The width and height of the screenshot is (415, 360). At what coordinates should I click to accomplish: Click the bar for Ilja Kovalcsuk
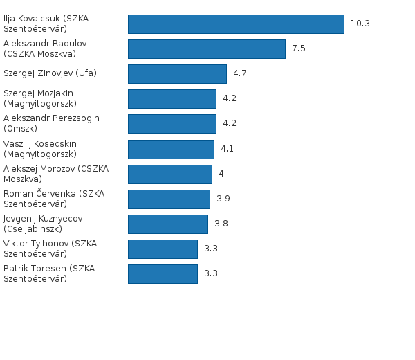(x=236, y=24)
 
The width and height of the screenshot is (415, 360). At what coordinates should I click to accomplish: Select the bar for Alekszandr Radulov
(x=207, y=49)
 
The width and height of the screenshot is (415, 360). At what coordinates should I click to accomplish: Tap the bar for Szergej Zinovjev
(x=177, y=74)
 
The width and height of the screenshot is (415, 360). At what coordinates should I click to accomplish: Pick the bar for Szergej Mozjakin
(x=172, y=99)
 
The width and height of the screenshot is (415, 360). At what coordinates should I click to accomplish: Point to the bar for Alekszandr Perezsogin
(x=172, y=124)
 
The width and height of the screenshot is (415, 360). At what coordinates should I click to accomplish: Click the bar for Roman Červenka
(x=169, y=199)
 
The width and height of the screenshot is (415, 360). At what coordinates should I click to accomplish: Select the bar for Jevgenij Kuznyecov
(x=168, y=224)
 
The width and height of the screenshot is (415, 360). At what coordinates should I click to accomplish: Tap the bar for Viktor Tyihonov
(x=163, y=249)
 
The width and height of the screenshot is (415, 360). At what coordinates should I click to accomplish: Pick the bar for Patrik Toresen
(x=163, y=274)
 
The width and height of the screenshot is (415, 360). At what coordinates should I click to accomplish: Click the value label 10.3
(x=360, y=24)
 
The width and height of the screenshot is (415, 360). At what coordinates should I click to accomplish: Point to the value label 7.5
(x=299, y=48)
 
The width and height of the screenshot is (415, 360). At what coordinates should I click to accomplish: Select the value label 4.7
(x=240, y=73)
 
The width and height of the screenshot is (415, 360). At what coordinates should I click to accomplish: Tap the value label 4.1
(x=228, y=149)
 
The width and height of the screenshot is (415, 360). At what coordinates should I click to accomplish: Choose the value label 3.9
(x=223, y=199)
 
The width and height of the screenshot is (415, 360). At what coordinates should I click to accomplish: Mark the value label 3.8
(x=221, y=224)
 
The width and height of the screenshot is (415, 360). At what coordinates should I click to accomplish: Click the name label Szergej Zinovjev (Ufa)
(x=50, y=73)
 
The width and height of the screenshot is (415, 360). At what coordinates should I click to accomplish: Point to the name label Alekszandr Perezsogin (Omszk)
(x=51, y=123)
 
